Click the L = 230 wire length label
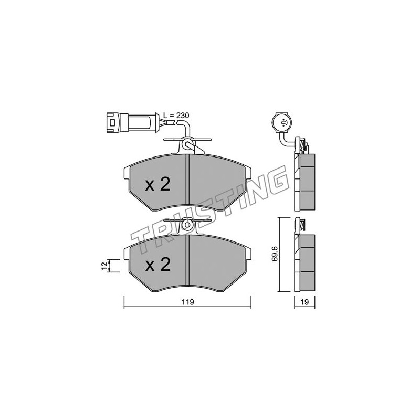coord(176,115)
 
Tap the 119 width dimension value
coord(187,302)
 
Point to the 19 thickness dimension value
coord(305,302)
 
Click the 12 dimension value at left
coord(105,266)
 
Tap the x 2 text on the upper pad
coord(157,185)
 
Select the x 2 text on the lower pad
coord(157,265)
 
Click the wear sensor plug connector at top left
coord(128,122)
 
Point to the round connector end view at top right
coord(284,123)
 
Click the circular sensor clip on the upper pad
coord(187,145)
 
